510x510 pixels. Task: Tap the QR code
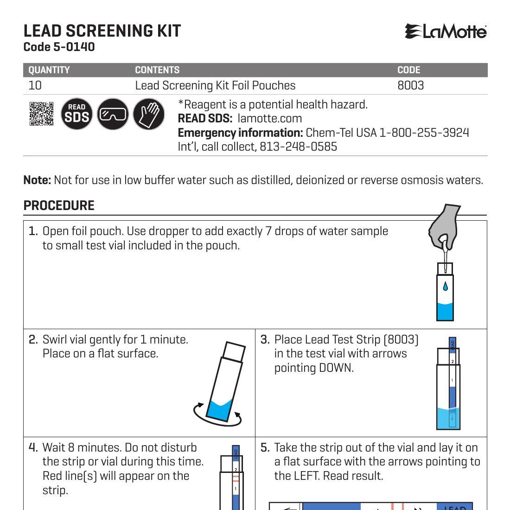coord(41,114)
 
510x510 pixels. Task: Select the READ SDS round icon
coord(76,114)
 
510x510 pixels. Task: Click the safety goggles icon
coord(113,114)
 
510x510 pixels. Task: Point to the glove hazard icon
coord(148,114)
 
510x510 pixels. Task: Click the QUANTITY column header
coord(49,70)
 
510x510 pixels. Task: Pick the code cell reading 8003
coord(410,85)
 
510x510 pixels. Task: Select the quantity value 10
coord(35,85)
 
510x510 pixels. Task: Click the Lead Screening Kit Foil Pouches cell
coord(215,85)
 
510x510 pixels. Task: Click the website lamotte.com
coord(269,119)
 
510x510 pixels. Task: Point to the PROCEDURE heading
coord(59,205)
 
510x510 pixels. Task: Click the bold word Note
coord(37,180)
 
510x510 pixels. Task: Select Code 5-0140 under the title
coord(59,47)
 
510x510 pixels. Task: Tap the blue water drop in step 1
coord(446,287)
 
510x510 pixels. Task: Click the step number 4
coord(33,448)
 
